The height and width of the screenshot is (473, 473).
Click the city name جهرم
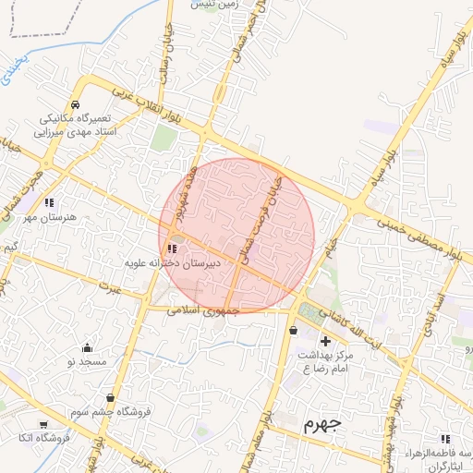coord(321,425)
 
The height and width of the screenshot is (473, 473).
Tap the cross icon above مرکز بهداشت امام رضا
coord(324,342)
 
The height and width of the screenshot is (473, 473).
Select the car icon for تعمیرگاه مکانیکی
coord(74,104)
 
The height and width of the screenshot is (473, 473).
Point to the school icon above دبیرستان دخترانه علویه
coord(172,249)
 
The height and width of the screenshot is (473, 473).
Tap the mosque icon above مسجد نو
coord(87,348)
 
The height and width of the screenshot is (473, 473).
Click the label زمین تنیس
coord(215,5)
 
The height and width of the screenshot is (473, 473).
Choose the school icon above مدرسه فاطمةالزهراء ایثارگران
coord(445,439)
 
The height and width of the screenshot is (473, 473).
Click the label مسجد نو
coord(87,362)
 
